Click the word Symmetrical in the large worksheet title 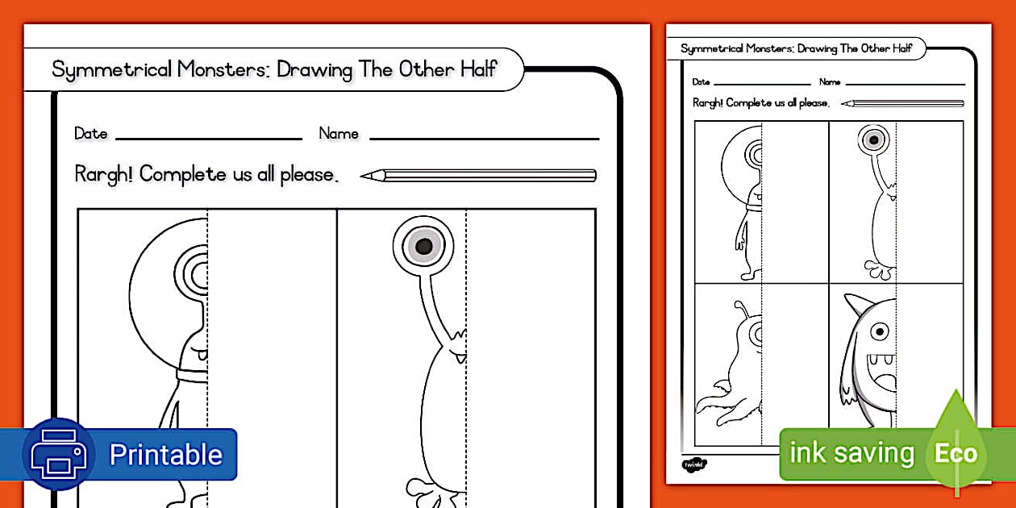pyautogui.click(x=112, y=69)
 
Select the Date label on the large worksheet pyautogui.click(x=90, y=134)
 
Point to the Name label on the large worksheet pyautogui.click(x=339, y=134)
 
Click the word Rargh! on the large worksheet pyautogui.click(x=104, y=174)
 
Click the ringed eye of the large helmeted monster pyautogui.click(x=196, y=275)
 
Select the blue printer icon pyautogui.click(x=58, y=455)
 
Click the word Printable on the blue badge pyautogui.click(x=165, y=455)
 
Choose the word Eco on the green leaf pyautogui.click(x=956, y=453)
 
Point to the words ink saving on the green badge pyautogui.click(x=852, y=453)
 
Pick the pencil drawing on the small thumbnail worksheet pyautogui.click(x=902, y=103)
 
